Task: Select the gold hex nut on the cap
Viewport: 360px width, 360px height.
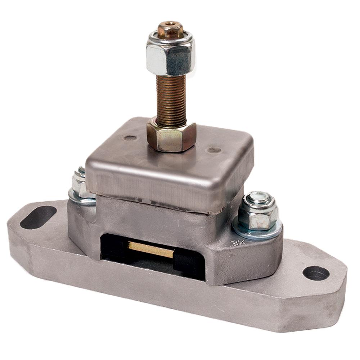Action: point(171,136)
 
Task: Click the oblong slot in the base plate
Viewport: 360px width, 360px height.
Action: point(38,217)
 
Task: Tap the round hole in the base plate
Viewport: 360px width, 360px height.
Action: point(316,273)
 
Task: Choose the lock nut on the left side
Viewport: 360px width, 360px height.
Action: point(80,183)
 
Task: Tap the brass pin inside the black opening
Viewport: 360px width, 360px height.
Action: point(151,249)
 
